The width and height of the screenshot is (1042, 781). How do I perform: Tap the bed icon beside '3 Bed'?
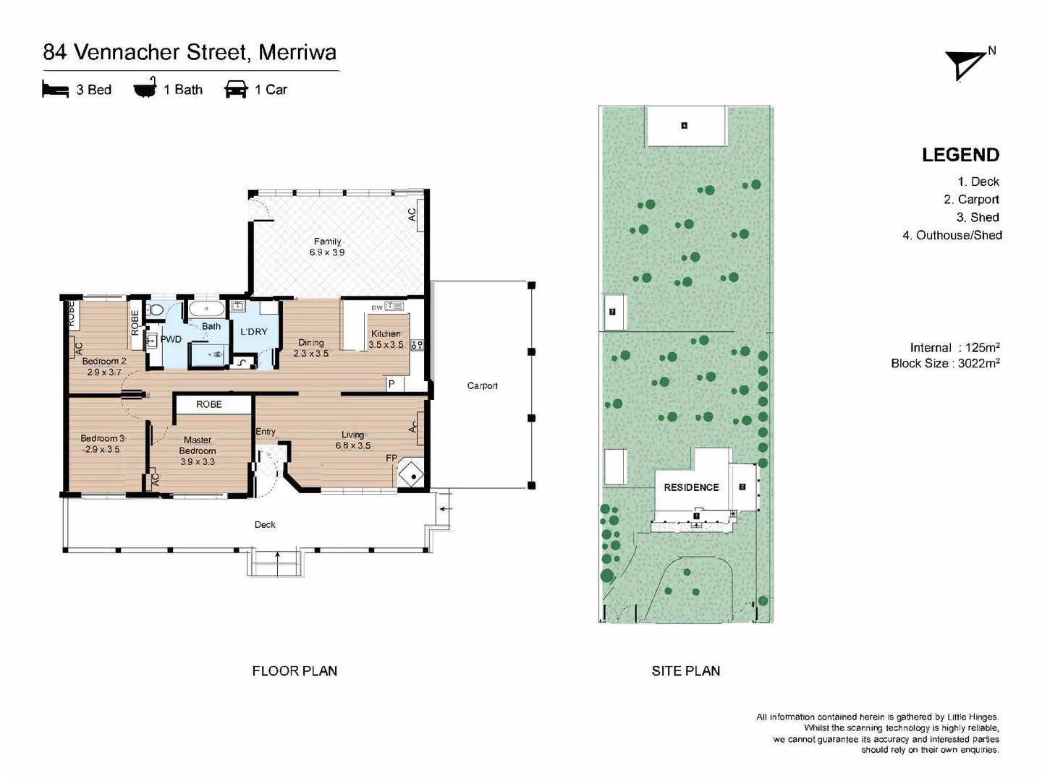(55, 89)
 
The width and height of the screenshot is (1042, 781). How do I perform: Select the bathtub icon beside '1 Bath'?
(145, 88)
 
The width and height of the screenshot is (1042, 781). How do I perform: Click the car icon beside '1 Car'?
(236, 89)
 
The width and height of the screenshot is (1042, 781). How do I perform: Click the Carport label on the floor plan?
(483, 385)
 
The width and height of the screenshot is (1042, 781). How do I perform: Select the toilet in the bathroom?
(154, 310)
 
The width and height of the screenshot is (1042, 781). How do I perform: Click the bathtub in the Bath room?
(206, 310)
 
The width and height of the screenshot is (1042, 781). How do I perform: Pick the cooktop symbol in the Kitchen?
(417, 345)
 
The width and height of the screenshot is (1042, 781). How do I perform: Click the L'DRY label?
(253, 331)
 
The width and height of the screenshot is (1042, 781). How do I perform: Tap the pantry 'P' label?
(391, 383)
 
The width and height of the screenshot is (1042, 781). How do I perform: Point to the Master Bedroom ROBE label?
(209, 404)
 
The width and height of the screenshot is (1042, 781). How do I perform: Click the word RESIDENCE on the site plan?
(691, 487)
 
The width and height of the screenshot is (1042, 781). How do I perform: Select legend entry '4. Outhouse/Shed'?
(952, 235)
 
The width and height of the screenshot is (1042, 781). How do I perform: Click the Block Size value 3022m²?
(979, 363)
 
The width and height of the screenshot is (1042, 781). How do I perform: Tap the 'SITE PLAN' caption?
(685, 670)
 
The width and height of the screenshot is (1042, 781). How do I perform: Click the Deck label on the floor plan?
(264, 524)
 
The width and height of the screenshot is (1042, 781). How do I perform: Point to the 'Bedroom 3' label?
(102, 438)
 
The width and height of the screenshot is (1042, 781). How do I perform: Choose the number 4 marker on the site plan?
(684, 126)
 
